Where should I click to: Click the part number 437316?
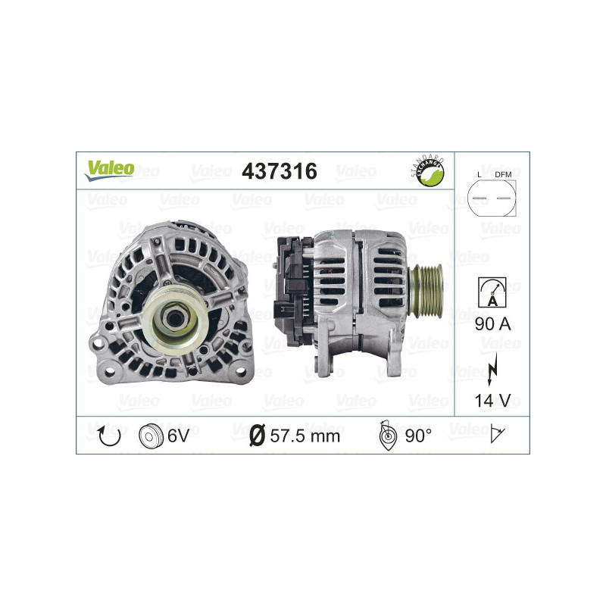coord(278,171)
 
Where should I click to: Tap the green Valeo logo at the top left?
coord(109,170)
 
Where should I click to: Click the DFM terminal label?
coord(503,176)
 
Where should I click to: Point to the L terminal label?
coord(479,176)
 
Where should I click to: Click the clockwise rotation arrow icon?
coord(110,435)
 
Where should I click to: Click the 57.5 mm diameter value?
coord(305,436)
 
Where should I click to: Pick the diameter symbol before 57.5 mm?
coord(256,436)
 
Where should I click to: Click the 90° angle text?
coord(417,436)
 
